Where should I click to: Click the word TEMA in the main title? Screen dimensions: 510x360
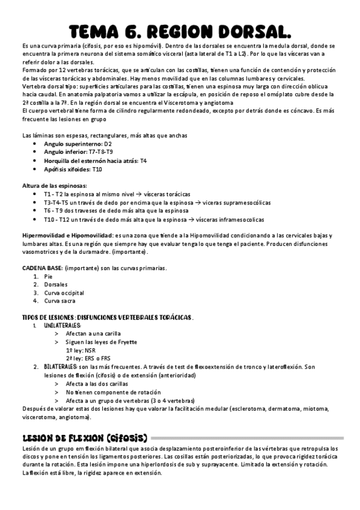pyautogui.click(x=105, y=31)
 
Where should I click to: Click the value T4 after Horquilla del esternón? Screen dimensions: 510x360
pyautogui.click(x=144, y=161)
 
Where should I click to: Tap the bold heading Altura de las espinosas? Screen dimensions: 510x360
pyautogui.click(x=55, y=186)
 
